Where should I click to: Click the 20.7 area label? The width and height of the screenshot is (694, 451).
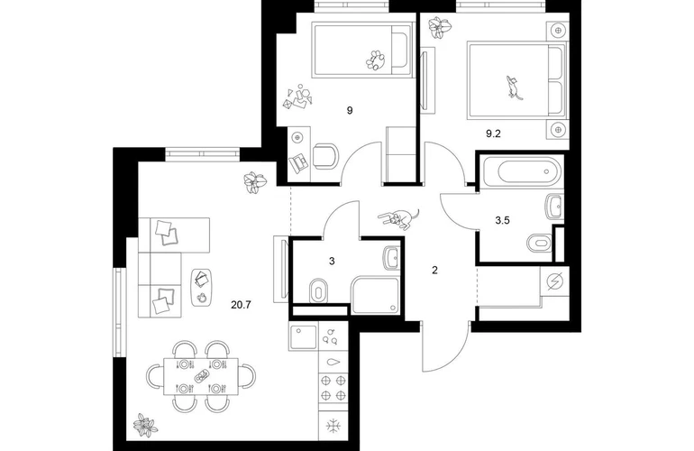pyautogui.click(x=240, y=305)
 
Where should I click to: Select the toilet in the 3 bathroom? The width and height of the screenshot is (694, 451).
pyautogui.click(x=320, y=290)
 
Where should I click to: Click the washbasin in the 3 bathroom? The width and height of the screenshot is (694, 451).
pyautogui.click(x=391, y=258)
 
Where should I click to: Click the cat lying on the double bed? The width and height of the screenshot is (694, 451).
pyautogui.click(x=514, y=87)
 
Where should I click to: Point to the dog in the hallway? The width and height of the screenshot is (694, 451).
pyautogui.click(x=401, y=218)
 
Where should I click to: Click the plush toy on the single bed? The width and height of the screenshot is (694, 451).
pyautogui.click(x=374, y=60)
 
